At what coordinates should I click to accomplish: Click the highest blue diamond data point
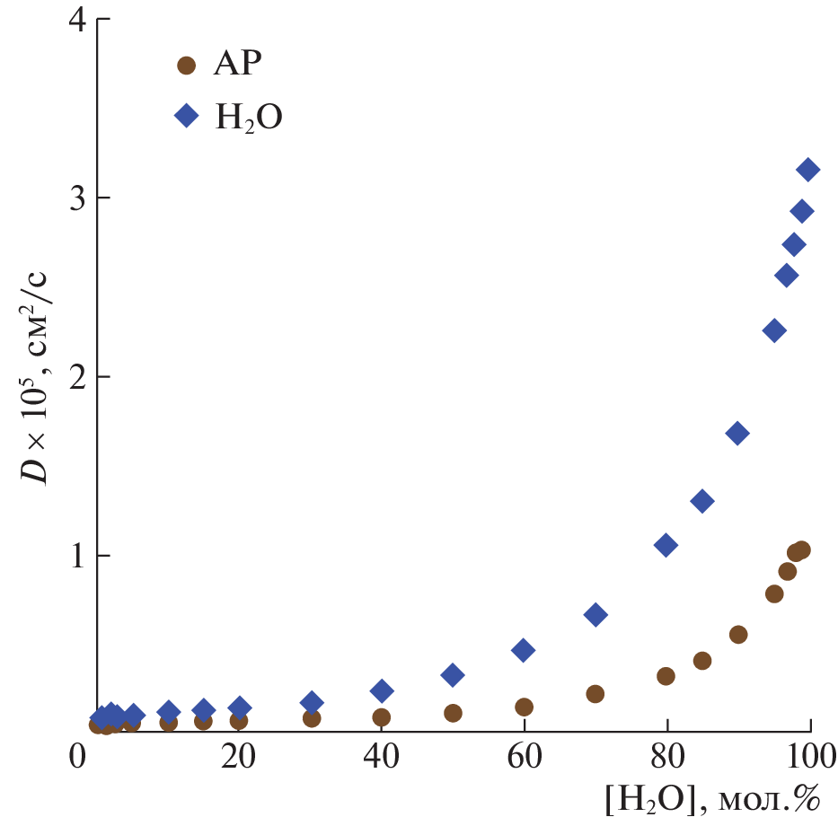coord(807,169)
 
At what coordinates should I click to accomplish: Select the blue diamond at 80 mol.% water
coord(666,545)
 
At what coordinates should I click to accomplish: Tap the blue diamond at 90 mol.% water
coord(737,434)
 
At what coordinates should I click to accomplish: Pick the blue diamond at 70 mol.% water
coord(595,615)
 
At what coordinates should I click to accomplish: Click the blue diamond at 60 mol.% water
coord(524,650)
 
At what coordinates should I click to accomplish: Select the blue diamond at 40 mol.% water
coord(382,690)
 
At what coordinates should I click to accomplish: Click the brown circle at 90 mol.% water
coord(738,635)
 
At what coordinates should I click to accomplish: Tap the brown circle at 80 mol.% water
coord(666,676)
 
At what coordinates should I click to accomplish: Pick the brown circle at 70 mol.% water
coord(595,694)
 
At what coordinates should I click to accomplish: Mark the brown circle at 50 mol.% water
coord(453,713)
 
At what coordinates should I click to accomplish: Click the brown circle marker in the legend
coord(186,65)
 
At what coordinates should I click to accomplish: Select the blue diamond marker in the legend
coord(186,115)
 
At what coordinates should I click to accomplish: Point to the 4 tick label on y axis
coord(76,20)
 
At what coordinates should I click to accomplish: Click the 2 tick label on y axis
coord(76,377)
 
